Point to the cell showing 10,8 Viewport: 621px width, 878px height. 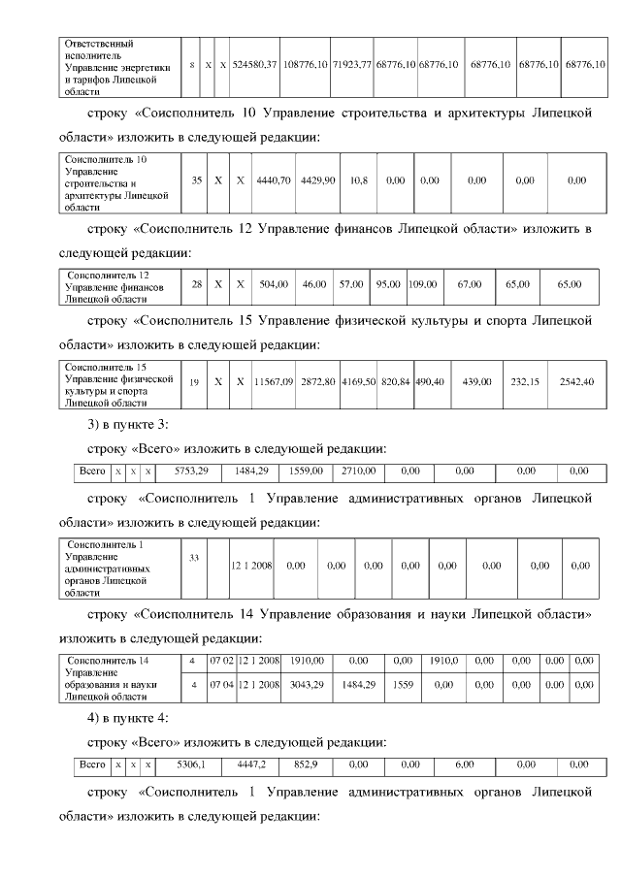(x=358, y=180)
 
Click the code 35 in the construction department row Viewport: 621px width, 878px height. (x=196, y=180)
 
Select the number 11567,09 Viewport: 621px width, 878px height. (x=274, y=382)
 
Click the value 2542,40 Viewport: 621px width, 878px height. (x=576, y=382)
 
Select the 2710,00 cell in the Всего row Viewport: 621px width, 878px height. (x=358, y=471)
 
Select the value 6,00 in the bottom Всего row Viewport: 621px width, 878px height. (x=464, y=764)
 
